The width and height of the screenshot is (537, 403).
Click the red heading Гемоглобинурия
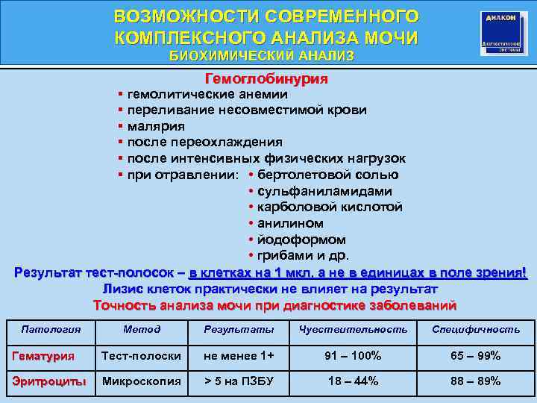(266, 78)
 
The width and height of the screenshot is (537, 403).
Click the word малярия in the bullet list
(156, 126)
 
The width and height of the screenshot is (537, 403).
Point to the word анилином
(290, 223)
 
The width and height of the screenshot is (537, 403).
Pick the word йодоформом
(301, 240)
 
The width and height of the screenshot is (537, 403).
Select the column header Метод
(142, 329)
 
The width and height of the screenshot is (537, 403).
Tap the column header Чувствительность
(353, 329)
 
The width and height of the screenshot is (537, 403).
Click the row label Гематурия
(43, 356)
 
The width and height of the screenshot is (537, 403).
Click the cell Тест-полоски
(141, 356)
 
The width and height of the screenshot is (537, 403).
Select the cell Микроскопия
(142, 381)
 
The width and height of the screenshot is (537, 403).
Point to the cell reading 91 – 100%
(353, 356)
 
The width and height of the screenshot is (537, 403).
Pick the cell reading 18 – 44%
(353, 381)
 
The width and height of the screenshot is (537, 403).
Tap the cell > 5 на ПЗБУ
(239, 381)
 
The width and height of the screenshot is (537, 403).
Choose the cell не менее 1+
(239, 356)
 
